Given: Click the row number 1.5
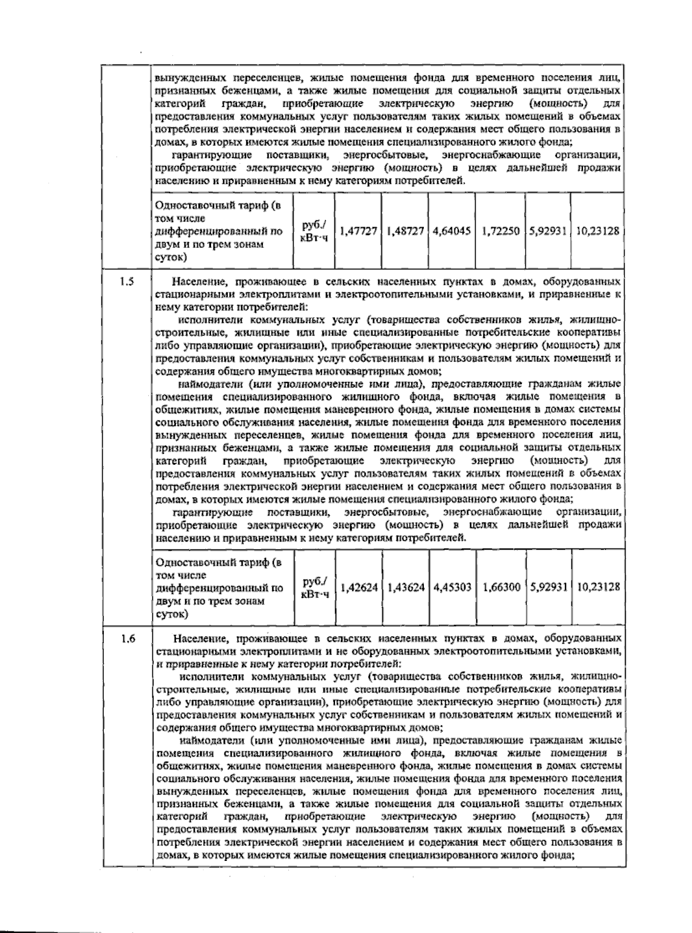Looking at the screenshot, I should (x=127, y=282).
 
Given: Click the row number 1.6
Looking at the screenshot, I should (x=128, y=639).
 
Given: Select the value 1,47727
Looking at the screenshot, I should (x=358, y=231).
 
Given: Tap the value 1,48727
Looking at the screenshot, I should (x=405, y=231).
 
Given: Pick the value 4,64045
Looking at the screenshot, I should (x=452, y=231).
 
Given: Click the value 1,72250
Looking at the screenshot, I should (x=500, y=231).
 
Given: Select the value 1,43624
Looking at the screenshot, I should (x=406, y=587).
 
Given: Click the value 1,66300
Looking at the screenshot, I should (x=501, y=587).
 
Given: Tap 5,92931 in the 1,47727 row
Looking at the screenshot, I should (x=548, y=231).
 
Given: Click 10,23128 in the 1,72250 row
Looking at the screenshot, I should (x=597, y=231).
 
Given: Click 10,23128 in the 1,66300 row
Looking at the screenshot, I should (x=598, y=587).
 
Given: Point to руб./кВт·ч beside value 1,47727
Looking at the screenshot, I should (x=314, y=231).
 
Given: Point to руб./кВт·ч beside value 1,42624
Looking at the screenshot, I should (x=314, y=587).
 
